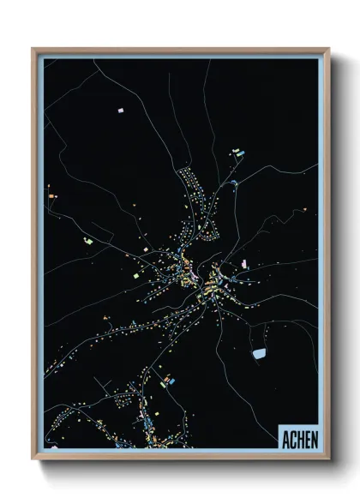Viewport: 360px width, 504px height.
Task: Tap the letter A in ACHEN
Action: [285, 438]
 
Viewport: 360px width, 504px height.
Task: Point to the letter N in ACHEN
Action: [314, 438]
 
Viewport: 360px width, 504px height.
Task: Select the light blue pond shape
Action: [259, 352]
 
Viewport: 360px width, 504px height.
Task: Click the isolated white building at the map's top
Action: [121, 111]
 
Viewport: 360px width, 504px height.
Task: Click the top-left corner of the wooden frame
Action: [33, 49]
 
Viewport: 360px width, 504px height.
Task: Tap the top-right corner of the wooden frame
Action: [328, 49]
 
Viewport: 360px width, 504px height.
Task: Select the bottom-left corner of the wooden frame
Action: [33, 459]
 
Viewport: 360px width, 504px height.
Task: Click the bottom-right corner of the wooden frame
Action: [328, 459]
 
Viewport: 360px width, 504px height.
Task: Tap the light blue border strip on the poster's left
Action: [40, 257]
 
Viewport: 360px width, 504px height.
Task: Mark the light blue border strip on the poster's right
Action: [321, 257]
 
